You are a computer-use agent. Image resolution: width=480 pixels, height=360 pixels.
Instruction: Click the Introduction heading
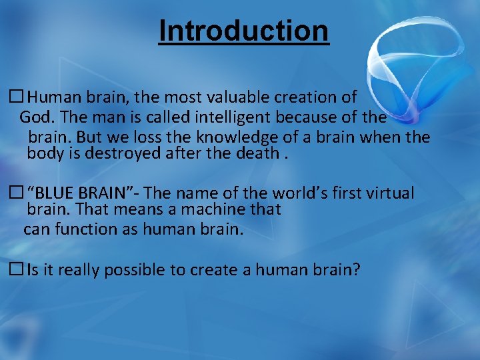243,31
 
